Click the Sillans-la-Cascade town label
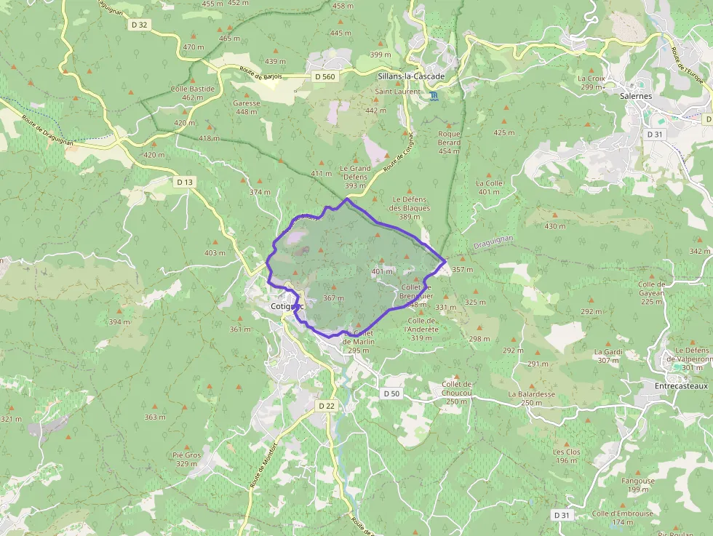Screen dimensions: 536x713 pos(410,76)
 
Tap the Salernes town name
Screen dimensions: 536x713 pos(636,95)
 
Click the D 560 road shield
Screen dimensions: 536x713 pos(324,76)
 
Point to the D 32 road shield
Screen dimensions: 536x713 pos(140,24)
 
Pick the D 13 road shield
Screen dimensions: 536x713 pos(185,181)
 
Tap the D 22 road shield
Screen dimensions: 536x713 pos(326,405)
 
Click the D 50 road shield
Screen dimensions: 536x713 pos(391,393)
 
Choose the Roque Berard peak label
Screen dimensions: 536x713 pos(449,138)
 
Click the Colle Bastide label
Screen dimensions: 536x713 pos(193,89)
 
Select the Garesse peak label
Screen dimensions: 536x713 pos(247,103)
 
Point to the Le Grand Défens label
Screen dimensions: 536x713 pos(355,168)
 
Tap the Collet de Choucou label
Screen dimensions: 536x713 pos(457,384)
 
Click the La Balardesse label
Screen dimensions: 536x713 pos(531,394)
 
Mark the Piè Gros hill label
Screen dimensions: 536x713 pos(186,455)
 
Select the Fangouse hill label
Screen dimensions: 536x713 pos(638,481)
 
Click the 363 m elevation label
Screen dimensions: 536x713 pos(155,417)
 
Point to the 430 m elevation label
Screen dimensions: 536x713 pos(554,226)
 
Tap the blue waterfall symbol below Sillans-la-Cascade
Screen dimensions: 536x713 pos(434,96)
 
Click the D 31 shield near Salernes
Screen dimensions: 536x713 pos(655,134)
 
